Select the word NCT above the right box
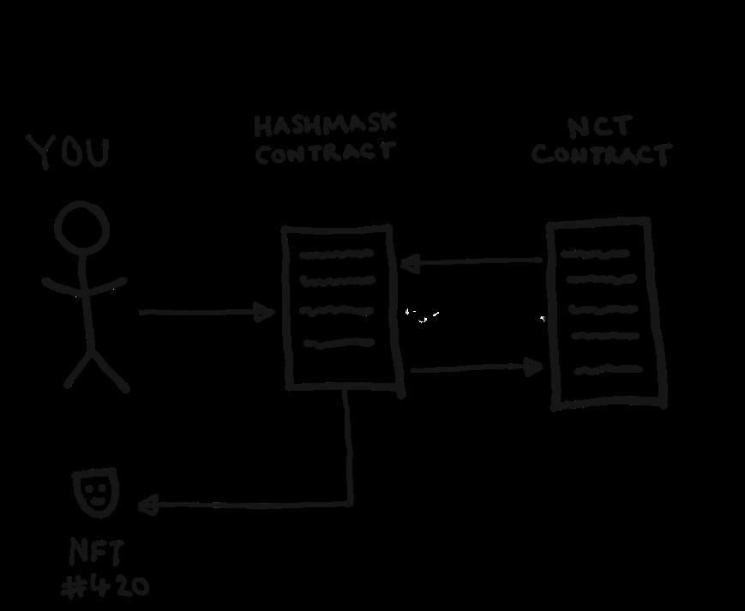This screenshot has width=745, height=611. click(599, 128)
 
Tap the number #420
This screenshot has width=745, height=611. click(106, 587)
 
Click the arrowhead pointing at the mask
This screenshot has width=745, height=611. click(146, 506)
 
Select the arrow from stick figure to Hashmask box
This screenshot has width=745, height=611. click(206, 312)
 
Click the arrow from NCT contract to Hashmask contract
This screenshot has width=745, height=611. click(472, 261)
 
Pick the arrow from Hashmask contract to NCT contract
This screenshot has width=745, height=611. click(476, 368)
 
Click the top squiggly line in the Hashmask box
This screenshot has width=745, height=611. click(336, 255)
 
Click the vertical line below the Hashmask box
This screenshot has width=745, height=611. click(349, 446)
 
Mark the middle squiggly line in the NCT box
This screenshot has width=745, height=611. click(604, 308)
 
